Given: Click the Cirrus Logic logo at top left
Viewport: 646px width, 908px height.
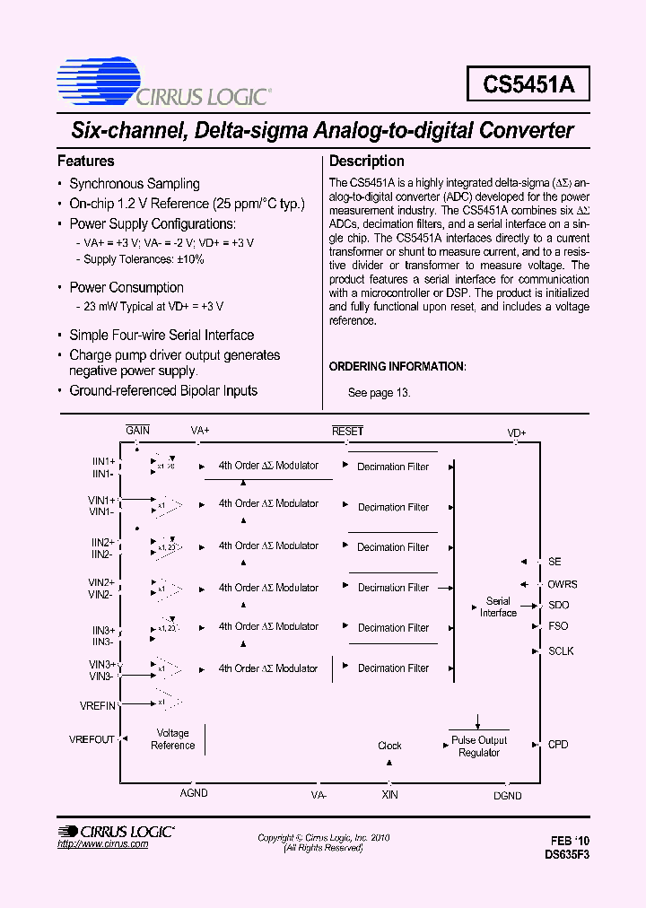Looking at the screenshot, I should click(x=161, y=82).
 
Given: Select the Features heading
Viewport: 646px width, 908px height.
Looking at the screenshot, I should click(x=86, y=162).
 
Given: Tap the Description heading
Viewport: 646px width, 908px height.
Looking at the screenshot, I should click(x=366, y=162).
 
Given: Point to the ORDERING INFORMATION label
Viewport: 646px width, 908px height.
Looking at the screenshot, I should click(x=397, y=367).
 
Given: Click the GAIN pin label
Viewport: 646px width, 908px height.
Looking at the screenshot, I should click(x=137, y=431).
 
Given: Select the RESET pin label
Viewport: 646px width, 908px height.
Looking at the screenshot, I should click(x=347, y=431).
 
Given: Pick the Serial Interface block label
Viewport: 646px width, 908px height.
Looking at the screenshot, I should click(x=498, y=607).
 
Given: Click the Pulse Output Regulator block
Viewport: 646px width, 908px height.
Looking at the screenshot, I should click(x=479, y=746).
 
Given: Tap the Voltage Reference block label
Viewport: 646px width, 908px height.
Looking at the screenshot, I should click(x=172, y=739).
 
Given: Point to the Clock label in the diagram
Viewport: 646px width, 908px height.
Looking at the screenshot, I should click(x=389, y=746).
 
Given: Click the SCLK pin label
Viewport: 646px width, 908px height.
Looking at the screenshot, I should click(x=561, y=651).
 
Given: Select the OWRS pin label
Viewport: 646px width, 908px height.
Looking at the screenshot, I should click(x=563, y=584).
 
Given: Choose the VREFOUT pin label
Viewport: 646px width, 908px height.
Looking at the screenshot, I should click(x=92, y=739).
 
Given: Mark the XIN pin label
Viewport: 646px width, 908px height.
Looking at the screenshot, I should click(x=389, y=795).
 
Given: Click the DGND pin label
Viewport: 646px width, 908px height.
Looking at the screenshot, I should click(x=507, y=795).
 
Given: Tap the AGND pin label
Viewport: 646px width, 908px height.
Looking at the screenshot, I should click(x=194, y=793).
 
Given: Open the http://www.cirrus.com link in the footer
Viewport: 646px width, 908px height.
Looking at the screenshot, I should click(x=102, y=845).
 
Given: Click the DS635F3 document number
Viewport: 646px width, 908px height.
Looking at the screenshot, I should click(x=567, y=855).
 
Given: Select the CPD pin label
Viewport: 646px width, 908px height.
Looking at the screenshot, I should click(x=558, y=745).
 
